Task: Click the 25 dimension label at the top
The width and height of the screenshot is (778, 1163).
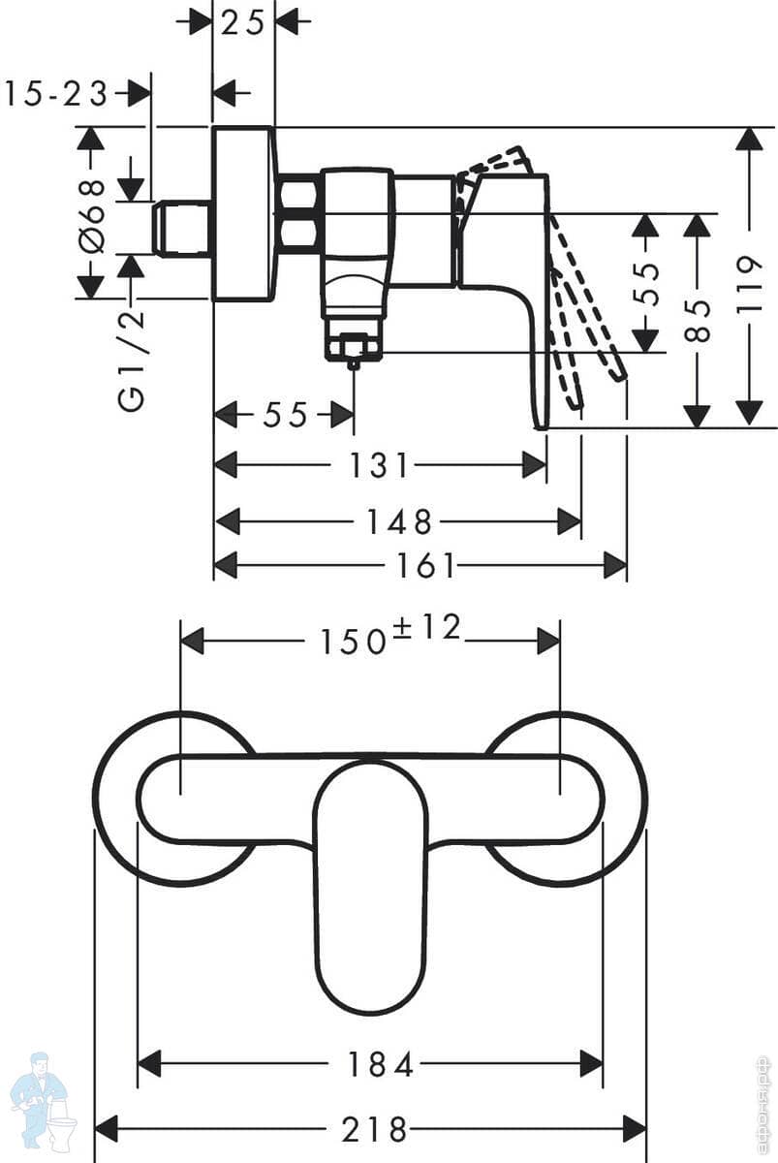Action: pos(242,23)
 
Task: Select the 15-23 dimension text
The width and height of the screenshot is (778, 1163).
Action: pos(55,95)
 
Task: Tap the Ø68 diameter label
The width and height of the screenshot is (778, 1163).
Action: pos(91,216)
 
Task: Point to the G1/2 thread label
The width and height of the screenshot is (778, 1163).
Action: pos(131,360)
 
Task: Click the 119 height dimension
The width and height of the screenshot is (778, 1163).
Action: pos(749,284)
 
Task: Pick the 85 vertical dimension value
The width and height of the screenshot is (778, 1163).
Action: pos(697,320)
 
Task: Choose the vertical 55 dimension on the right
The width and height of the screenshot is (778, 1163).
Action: pos(646,284)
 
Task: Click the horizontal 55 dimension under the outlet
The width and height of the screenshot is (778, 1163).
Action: pos(285,416)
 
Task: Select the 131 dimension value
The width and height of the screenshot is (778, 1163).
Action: pos(380,465)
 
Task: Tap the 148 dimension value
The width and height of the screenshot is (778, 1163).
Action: pos(399,521)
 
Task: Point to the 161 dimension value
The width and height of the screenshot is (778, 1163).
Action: pos(425,565)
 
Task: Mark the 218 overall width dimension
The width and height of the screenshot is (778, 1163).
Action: pos(374,1129)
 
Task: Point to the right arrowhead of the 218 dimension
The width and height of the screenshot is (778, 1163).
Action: pos(634,1129)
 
